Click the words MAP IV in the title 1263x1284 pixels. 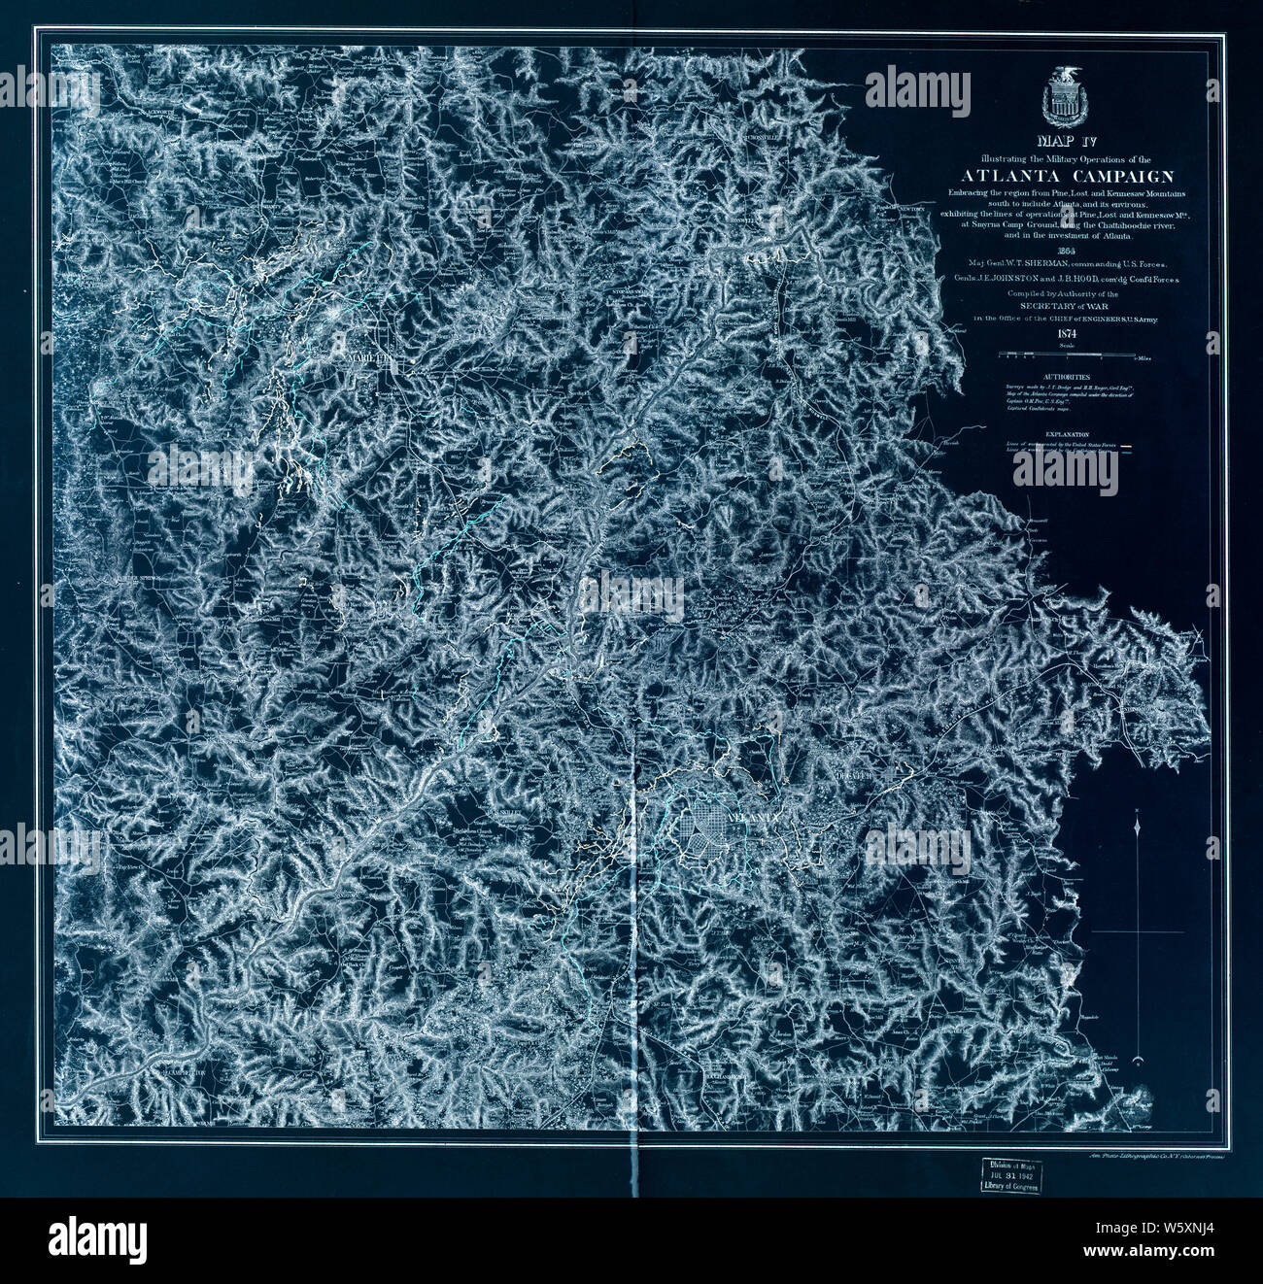[x=1062, y=142]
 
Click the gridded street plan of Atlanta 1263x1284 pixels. [x=713, y=831]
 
